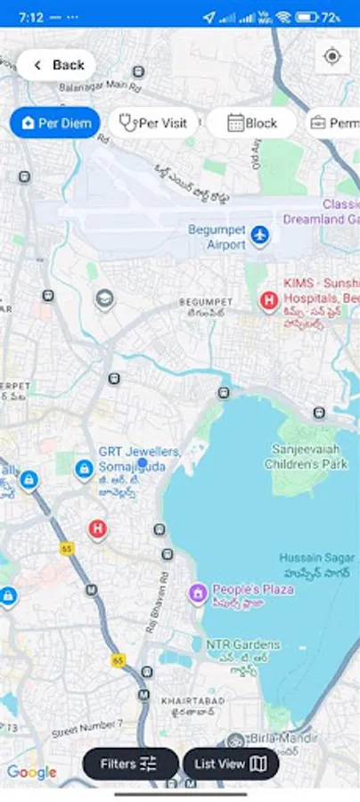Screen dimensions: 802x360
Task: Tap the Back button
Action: click(56, 65)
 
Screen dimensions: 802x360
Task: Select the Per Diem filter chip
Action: click(55, 123)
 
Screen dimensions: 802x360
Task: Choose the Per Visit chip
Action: click(153, 123)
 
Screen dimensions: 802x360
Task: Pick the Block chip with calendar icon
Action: click(251, 123)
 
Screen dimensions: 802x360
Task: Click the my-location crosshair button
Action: click(332, 57)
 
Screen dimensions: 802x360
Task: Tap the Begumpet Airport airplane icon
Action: click(259, 235)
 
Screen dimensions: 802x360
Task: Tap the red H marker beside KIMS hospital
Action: click(268, 301)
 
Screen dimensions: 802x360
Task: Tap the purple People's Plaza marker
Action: click(198, 592)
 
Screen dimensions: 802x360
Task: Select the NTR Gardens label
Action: click(242, 644)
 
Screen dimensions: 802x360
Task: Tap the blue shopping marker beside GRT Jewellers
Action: click(84, 468)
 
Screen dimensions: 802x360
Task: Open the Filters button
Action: click(129, 764)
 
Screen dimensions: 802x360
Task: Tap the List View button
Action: click(231, 764)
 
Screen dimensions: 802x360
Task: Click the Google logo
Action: click(32, 773)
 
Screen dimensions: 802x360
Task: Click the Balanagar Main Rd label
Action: click(100, 87)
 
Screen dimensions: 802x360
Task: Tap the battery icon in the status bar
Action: click(307, 17)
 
